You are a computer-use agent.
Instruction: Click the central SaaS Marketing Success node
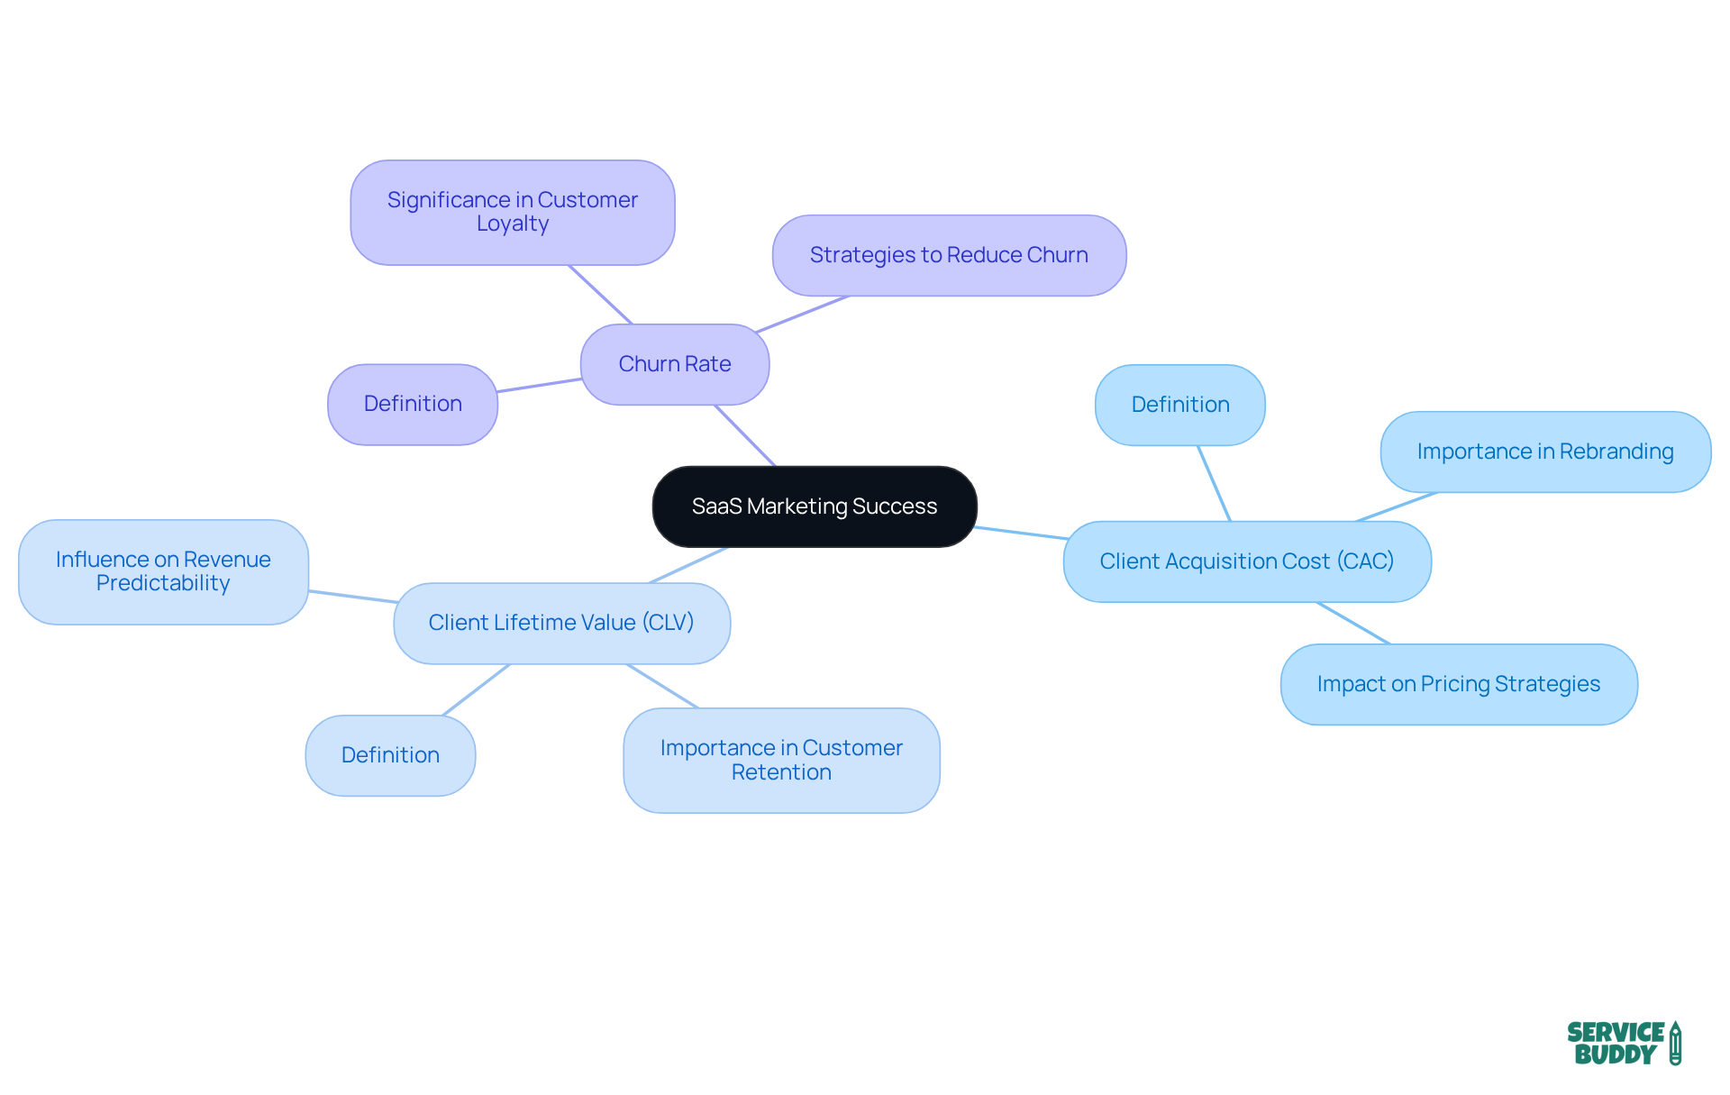815,506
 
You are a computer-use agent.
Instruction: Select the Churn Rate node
674,364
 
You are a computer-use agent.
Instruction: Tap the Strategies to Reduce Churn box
949,255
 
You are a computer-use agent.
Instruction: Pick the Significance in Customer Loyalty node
512,212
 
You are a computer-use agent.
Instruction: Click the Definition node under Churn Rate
413,404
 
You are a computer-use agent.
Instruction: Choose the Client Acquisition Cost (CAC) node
1246,561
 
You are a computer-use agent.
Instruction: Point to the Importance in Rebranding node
1544,452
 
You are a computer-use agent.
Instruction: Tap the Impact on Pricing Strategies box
1458,684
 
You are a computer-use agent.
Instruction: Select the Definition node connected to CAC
1179,405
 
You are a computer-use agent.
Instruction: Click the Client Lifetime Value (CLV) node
561,623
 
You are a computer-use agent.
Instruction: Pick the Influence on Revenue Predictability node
163,571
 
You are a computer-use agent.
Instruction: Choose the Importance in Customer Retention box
781,760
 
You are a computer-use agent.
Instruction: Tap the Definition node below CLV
390,755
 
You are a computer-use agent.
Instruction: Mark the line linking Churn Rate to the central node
744,435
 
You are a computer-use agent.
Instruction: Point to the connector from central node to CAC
1021,533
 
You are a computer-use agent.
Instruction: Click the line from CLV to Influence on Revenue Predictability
352,597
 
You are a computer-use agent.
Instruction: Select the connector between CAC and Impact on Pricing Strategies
1353,623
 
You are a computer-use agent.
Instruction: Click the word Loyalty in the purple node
512,224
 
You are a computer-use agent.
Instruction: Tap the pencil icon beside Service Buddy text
1675,1044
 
